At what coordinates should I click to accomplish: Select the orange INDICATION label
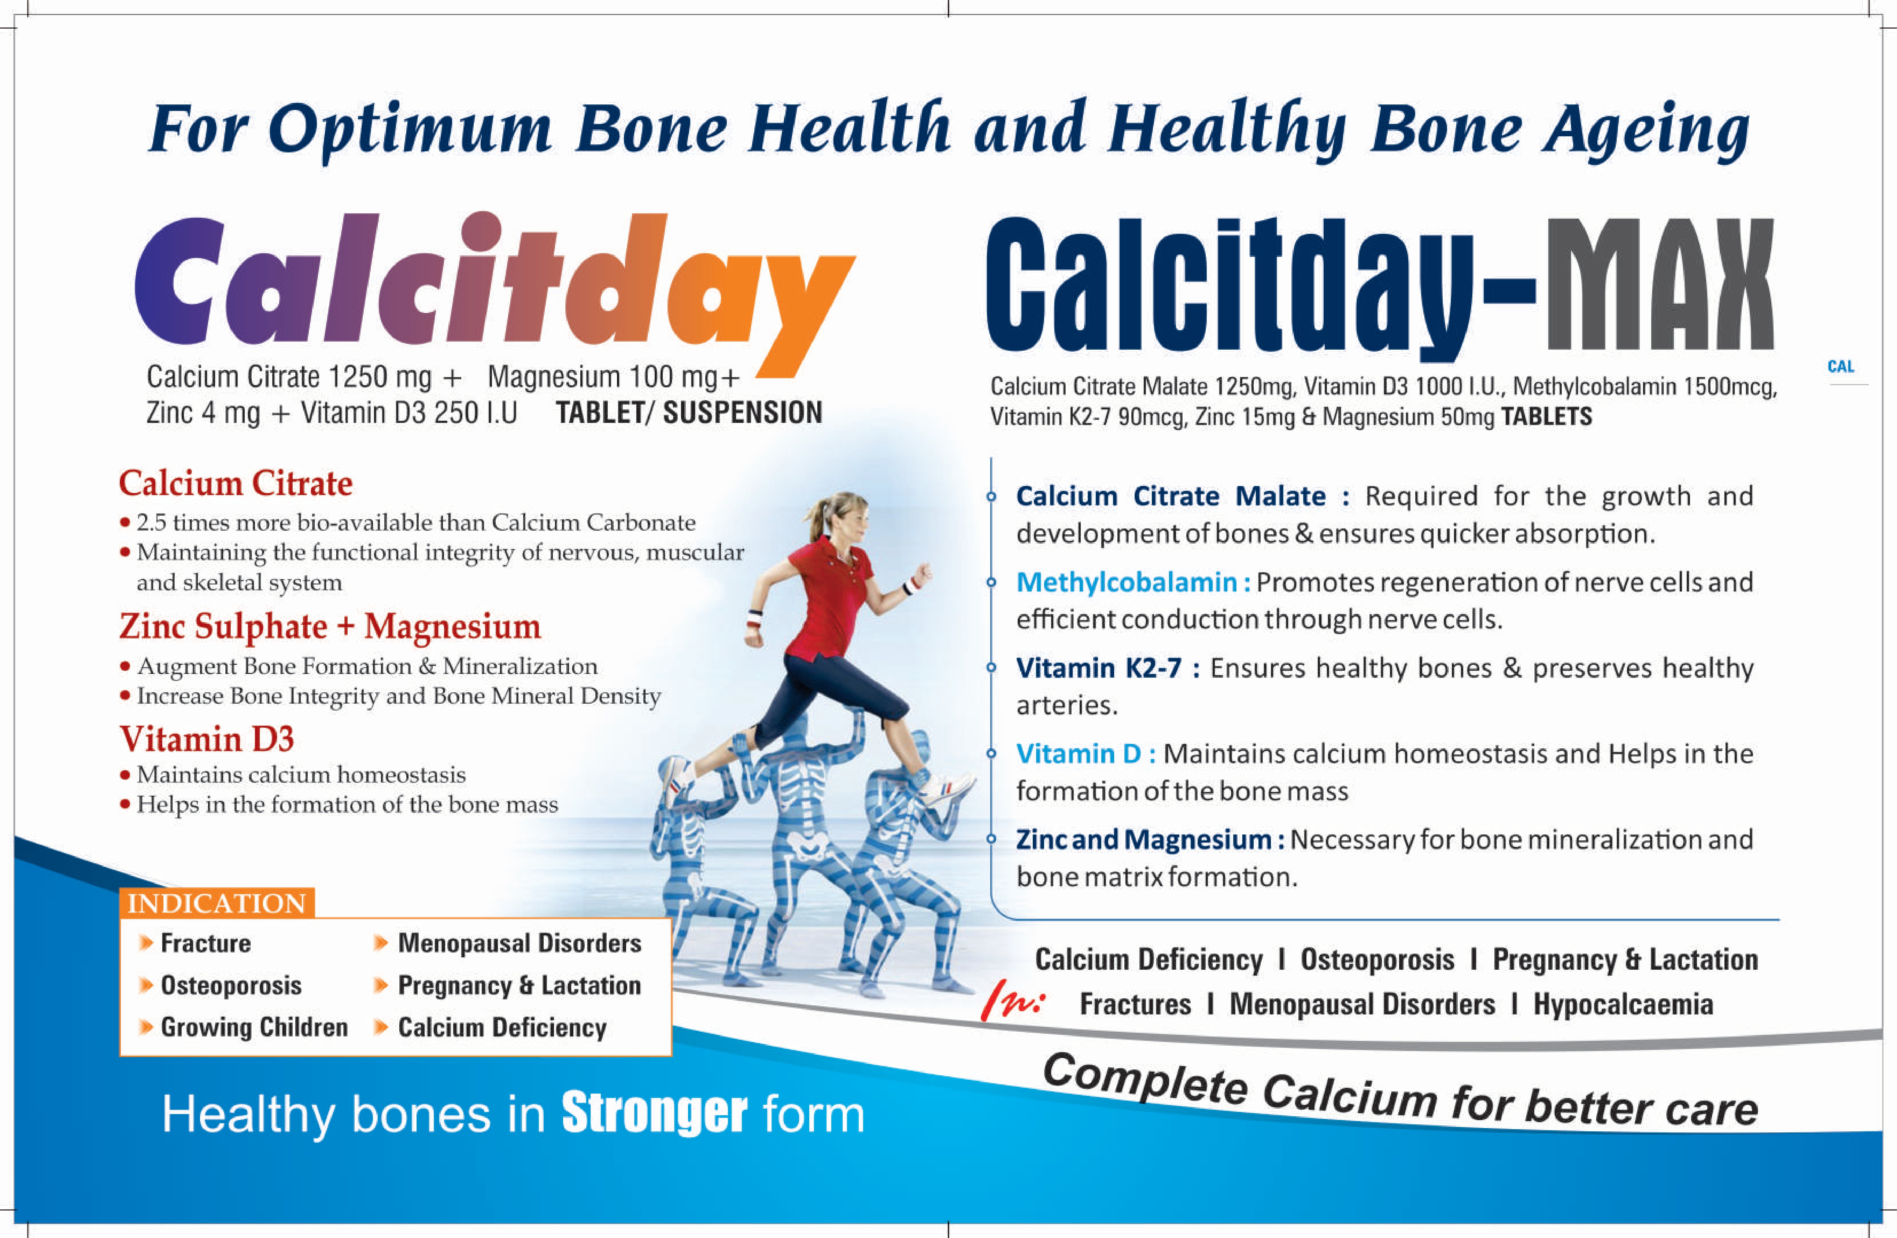coord(217,903)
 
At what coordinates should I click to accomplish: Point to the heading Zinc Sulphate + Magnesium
coord(330,627)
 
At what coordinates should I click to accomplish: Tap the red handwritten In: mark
coord(1012,1001)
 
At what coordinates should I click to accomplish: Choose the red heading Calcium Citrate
coord(236,483)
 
